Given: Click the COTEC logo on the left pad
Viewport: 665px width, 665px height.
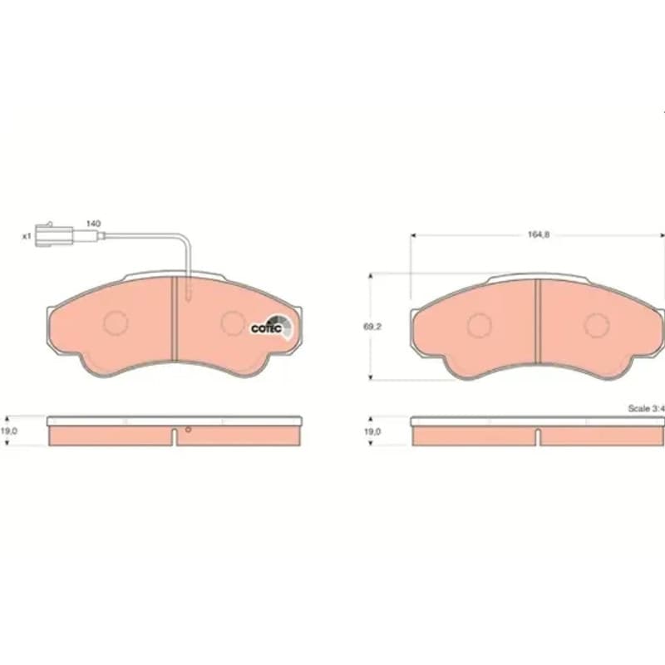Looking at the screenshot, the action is pos(272,328).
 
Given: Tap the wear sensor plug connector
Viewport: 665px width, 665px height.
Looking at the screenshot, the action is pos(54,234).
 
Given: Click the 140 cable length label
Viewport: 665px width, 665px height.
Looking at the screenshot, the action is pos(93,224).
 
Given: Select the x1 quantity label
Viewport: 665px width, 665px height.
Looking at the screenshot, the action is pos(27,236).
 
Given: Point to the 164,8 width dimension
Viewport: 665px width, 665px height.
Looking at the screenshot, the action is pos(538,234).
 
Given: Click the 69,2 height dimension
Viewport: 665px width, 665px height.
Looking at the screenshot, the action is pos(372,327).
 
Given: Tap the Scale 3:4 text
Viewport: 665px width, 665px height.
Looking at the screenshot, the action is pos(646,408).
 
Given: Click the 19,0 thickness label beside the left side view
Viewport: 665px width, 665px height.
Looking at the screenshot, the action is pos(8,431).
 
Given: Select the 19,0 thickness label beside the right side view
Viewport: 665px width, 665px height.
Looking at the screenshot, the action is pos(372,431).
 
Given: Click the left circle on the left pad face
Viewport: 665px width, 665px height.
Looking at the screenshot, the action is pos(116,323).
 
